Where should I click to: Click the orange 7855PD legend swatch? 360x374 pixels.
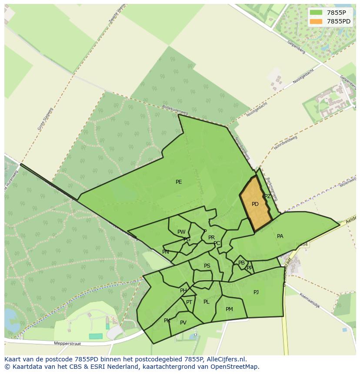click(316, 21)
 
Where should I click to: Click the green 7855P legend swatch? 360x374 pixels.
click(316, 13)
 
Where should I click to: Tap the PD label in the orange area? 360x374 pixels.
click(255, 204)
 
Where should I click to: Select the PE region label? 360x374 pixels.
click(179, 182)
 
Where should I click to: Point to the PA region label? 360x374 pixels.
click(280, 236)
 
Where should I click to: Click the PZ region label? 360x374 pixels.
click(267, 196)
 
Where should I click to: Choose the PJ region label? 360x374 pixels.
click(256, 292)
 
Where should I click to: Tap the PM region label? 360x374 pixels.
click(229, 309)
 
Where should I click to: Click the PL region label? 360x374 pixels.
click(206, 302)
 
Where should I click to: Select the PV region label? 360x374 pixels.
click(183, 323)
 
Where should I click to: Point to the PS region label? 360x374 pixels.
click(207, 266)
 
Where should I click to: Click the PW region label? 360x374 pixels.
click(181, 232)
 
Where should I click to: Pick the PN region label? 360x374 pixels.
click(166, 252)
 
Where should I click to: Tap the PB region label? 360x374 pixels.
click(241, 263)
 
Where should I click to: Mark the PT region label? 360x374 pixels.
click(189, 302)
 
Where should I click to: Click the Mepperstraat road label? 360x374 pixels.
click(68, 343)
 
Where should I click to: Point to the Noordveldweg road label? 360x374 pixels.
click(286, 142)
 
